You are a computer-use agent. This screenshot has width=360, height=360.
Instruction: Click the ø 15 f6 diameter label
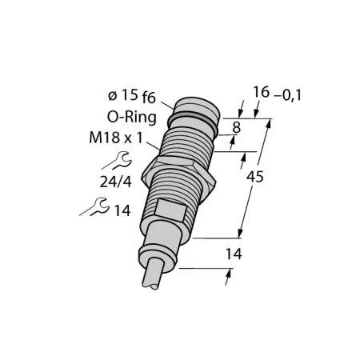[132, 96]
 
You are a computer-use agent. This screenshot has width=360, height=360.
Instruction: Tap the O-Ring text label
[132, 117]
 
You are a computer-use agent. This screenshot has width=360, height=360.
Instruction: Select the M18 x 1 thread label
[116, 138]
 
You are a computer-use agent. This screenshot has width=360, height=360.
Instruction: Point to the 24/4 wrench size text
[116, 182]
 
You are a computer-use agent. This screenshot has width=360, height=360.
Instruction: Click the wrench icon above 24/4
[118, 161]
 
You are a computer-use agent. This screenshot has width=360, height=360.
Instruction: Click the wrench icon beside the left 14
[95, 206]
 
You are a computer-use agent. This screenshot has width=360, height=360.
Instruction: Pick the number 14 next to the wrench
[122, 210]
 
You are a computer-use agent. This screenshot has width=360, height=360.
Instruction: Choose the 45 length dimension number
[255, 177]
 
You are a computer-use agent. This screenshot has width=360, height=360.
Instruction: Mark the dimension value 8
[237, 127]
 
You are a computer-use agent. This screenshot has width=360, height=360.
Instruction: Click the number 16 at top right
[262, 92]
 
